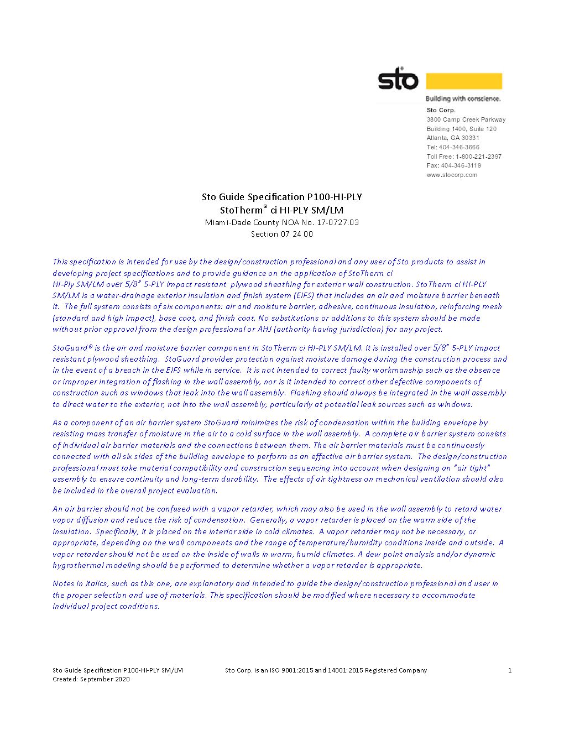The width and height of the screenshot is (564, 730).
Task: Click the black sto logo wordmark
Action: pyautogui.click(x=398, y=80)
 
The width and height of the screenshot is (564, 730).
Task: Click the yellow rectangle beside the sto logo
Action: pyautogui.click(x=463, y=81)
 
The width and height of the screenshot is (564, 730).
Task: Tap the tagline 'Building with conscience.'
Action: pyautogui.click(x=463, y=99)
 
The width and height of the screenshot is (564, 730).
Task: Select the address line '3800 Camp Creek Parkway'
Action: pyautogui.click(x=466, y=119)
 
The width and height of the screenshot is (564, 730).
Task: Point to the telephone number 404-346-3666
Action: pyautogui.click(x=459, y=147)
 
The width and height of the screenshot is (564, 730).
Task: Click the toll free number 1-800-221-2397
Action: pyautogui.click(x=478, y=157)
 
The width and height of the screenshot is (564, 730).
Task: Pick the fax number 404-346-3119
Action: pyautogui.click(x=461, y=165)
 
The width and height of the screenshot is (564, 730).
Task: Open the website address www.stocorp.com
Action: pyautogui.click(x=452, y=175)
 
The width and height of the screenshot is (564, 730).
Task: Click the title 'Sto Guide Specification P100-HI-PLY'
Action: pyautogui.click(x=281, y=197)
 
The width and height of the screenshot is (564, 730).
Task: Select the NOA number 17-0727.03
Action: pyautogui.click(x=338, y=222)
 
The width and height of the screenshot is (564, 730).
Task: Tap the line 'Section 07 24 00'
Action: pyautogui.click(x=281, y=234)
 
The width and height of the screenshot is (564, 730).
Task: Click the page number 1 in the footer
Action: pyautogui.click(x=510, y=670)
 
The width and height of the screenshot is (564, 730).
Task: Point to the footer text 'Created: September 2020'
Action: pyautogui.click(x=91, y=679)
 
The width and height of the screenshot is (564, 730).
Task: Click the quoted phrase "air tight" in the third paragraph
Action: pyautogui.click(x=471, y=468)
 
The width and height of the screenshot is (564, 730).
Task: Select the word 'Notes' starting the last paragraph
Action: pyautogui.click(x=63, y=583)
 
